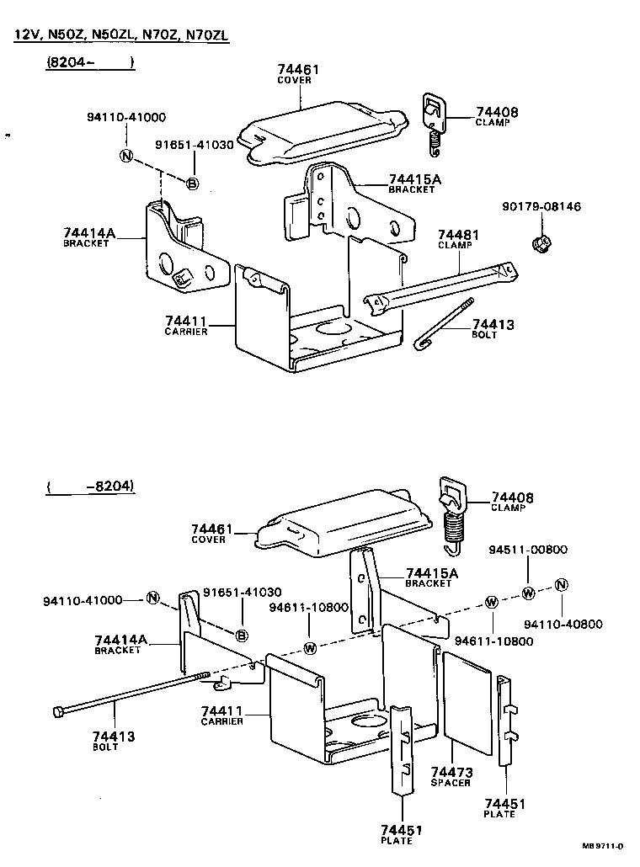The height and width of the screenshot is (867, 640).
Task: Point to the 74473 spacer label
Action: pos(451,776)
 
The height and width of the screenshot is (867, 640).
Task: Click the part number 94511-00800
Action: pos(528,550)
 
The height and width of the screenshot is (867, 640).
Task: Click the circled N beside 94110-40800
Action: pos(562,585)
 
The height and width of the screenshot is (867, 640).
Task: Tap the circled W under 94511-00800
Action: pos(528,593)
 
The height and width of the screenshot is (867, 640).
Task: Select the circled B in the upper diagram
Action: pos(192,184)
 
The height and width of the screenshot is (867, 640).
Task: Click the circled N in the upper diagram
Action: pos(125,156)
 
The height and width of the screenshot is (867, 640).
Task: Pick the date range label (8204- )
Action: pos(90,63)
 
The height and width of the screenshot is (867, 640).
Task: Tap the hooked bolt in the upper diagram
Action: pos(445,323)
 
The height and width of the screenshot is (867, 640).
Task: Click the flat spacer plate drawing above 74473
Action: pos(467,702)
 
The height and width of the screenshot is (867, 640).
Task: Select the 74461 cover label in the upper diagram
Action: pos(298,73)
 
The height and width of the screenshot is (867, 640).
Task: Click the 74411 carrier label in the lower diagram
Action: pos(222,715)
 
